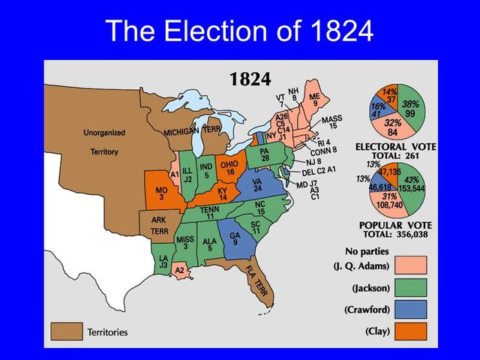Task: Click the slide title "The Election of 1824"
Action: tap(239, 31)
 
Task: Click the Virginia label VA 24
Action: tap(257, 184)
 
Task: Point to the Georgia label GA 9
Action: tap(235, 239)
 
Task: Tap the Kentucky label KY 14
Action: tap(222, 194)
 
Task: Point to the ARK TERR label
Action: tap(159, 226)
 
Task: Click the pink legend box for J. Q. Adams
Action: tap(412, 265)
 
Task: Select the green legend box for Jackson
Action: tap(412, 286)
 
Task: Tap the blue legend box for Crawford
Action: tap(412, 308)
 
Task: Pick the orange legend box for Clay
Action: tap(412, 331)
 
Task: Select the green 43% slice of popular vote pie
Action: tap(412, 184)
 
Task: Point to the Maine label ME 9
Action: tap(314, 100)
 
